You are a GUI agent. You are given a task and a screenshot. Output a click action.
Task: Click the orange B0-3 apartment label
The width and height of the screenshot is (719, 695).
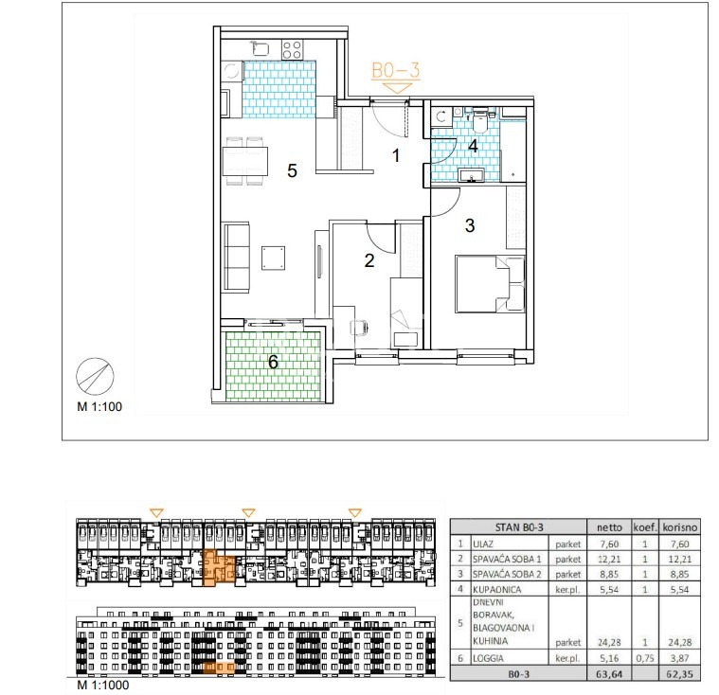395,71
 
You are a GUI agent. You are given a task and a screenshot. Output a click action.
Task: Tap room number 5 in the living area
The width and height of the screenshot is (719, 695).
292,171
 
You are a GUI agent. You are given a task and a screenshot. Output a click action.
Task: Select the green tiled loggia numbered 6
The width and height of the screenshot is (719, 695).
273,365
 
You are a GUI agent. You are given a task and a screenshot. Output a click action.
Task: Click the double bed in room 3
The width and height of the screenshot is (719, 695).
490,284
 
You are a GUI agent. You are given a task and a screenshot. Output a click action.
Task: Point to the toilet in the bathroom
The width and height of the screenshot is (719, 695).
479,120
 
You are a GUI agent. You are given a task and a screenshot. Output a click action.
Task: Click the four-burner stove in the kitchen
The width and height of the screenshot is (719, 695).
292,50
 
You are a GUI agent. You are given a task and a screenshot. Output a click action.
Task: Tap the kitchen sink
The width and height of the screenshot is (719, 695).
260,49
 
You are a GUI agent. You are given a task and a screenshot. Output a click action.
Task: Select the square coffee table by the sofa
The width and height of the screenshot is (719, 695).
273,258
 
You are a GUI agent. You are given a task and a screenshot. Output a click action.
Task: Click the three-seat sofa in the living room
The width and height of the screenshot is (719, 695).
237,257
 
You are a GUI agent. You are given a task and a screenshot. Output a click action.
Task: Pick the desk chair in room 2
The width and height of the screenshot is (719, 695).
359,328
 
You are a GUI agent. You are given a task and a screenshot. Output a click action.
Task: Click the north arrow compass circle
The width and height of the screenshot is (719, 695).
95,377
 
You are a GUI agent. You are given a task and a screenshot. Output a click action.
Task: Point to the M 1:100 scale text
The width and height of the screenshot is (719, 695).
99,406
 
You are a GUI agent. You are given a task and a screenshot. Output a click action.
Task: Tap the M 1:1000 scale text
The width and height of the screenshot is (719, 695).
103,685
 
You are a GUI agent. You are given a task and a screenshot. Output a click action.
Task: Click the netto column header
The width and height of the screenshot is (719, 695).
609,527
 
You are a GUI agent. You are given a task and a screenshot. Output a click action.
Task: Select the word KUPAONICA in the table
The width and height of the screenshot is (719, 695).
497,590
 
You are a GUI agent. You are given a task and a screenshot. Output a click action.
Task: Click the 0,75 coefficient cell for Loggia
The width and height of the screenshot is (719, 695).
645,658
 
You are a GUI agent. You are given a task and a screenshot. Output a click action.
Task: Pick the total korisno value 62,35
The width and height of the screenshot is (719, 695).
679,674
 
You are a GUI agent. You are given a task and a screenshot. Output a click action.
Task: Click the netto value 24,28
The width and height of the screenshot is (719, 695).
609,643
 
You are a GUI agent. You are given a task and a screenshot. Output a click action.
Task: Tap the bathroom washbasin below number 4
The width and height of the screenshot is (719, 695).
472,175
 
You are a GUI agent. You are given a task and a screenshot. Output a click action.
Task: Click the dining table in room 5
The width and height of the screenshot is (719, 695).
245,161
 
